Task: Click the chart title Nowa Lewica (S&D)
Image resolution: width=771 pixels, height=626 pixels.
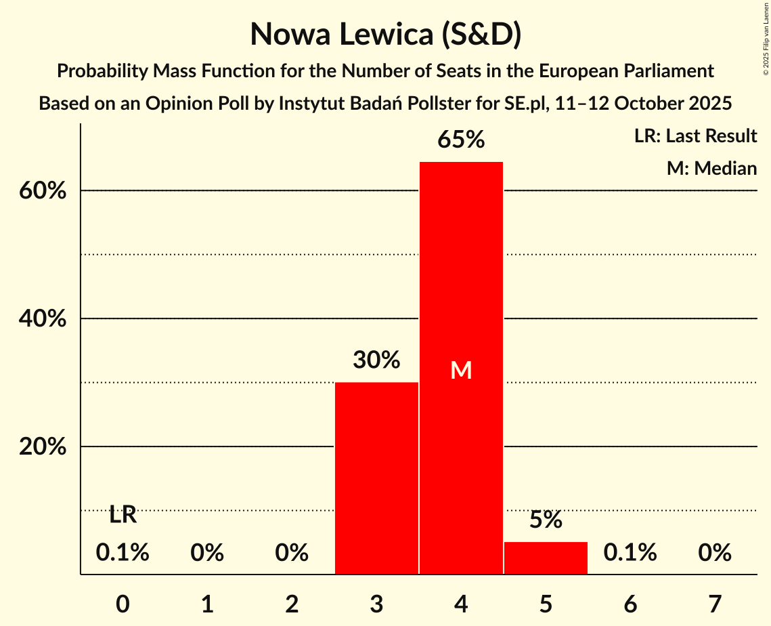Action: coord(385,34)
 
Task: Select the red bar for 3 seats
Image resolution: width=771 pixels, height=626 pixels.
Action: coord(376,478)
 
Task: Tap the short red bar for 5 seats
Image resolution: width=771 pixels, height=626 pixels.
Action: coord(546,558)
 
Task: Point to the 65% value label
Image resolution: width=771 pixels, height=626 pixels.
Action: coord(461,140)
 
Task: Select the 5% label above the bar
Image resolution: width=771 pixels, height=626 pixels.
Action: coord(546,520)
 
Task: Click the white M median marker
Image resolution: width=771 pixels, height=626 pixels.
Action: coord(461,370)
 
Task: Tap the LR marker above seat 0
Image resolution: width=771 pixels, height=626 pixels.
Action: coord(123,515)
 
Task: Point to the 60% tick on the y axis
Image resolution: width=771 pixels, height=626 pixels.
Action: coord(42,191)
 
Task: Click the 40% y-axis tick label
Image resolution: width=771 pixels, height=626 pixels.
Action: coord(42,319)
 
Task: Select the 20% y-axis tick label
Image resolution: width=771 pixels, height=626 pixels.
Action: coord(42,447)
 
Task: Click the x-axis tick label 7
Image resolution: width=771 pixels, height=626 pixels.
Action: coord(715,603)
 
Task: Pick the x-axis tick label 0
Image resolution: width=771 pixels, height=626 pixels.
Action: coord(123,603)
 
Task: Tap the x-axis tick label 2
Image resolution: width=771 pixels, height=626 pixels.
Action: coord(292,603)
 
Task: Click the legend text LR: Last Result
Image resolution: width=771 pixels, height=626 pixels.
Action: coord(695,136)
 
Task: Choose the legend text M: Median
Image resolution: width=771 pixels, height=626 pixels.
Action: coord(711,168)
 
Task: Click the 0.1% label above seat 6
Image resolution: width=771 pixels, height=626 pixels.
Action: coord(630,553)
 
